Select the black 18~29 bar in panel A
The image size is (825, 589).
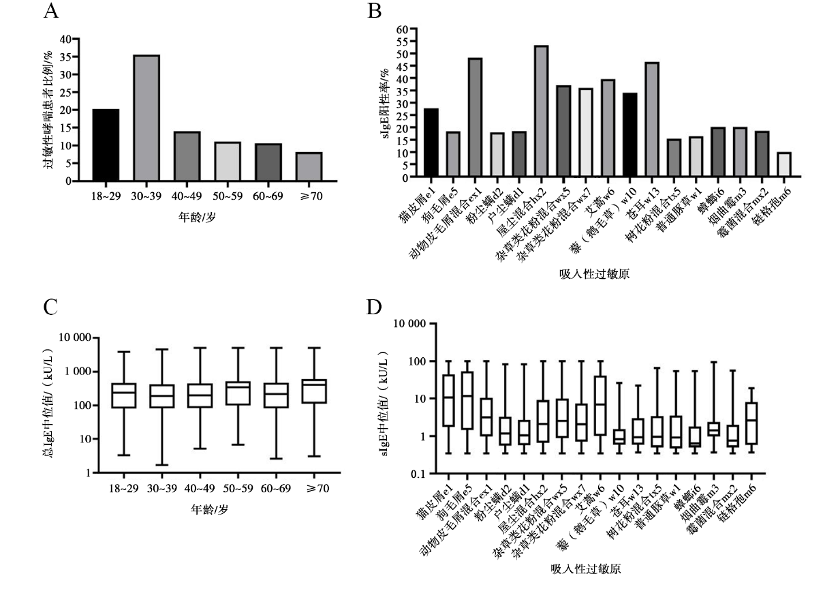point(106,145)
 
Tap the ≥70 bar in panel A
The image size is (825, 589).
point(309,167)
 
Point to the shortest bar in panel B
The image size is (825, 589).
point(783,165)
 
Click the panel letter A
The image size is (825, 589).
point(49,11)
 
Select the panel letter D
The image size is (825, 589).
point(373,307)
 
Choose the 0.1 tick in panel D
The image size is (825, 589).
point(404,474)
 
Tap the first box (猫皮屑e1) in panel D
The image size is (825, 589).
point(429,401)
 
